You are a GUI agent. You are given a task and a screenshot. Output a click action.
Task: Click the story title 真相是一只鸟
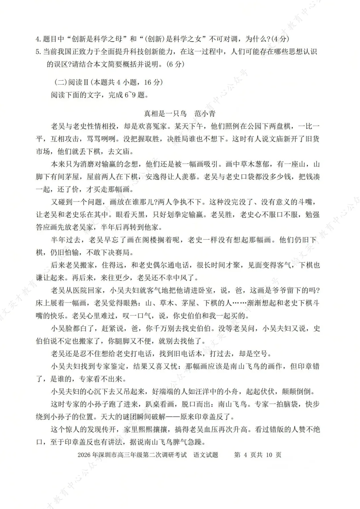(165, 114)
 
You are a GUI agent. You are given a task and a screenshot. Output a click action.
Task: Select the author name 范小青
(205, 114)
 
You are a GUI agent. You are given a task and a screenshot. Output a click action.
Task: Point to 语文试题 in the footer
(206, 455)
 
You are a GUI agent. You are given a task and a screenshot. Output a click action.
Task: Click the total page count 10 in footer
(269, 455)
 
